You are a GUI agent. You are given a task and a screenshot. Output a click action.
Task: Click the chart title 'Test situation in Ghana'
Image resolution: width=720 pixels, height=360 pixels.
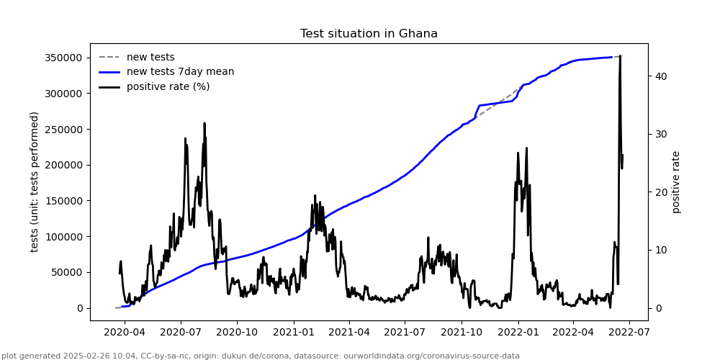pos(369,34)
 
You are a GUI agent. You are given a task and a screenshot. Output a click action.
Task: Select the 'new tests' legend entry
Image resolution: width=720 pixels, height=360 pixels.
pos(150,57)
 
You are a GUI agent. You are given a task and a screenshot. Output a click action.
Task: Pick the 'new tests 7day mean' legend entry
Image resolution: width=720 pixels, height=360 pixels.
pos(180,72)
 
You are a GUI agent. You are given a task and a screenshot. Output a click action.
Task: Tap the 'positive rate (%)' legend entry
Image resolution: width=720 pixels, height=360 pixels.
pos(168,87)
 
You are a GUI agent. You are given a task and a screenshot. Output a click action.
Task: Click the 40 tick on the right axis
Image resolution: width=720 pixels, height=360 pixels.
pos(660,76)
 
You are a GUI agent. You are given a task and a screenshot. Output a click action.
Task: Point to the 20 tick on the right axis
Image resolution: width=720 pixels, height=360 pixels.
pos(660,192)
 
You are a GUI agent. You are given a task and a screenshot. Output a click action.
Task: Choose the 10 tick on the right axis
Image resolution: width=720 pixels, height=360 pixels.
pos(660,250)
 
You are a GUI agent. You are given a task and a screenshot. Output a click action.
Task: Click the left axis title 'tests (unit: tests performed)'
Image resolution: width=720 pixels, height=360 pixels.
pos(35,181)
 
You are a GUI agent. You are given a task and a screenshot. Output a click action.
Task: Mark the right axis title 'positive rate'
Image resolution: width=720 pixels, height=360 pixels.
pos(676,181)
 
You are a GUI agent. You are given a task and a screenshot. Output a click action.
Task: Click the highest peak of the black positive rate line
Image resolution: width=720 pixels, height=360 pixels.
pos(620,56)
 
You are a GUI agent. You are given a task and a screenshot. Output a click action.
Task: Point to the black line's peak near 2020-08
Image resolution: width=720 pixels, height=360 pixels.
pos(204,123)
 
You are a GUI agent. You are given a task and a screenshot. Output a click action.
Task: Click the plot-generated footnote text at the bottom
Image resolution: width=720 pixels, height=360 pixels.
pos(261,356)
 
